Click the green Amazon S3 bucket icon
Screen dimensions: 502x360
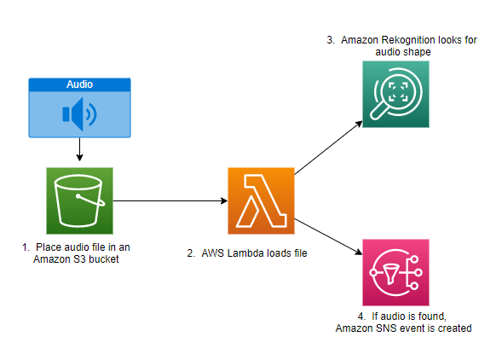coord(80,200)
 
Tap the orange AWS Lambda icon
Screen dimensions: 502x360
coord(261,200)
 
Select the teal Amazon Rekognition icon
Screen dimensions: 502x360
coord(395,94)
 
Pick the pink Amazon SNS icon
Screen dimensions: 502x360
coord(395,272)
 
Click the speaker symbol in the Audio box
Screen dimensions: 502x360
coord(79,114)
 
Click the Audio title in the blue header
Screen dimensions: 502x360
coord(80,84)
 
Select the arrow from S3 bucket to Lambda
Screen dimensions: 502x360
coord(170,201)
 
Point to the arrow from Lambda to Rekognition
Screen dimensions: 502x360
coord(328,148)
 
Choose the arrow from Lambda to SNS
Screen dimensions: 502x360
coord(328,237)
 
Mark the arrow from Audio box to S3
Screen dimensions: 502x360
coord(80,149)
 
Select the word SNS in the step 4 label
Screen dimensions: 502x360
coord(386,328)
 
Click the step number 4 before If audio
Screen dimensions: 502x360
coord(361,316)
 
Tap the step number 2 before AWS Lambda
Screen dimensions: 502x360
coord(191,253)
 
